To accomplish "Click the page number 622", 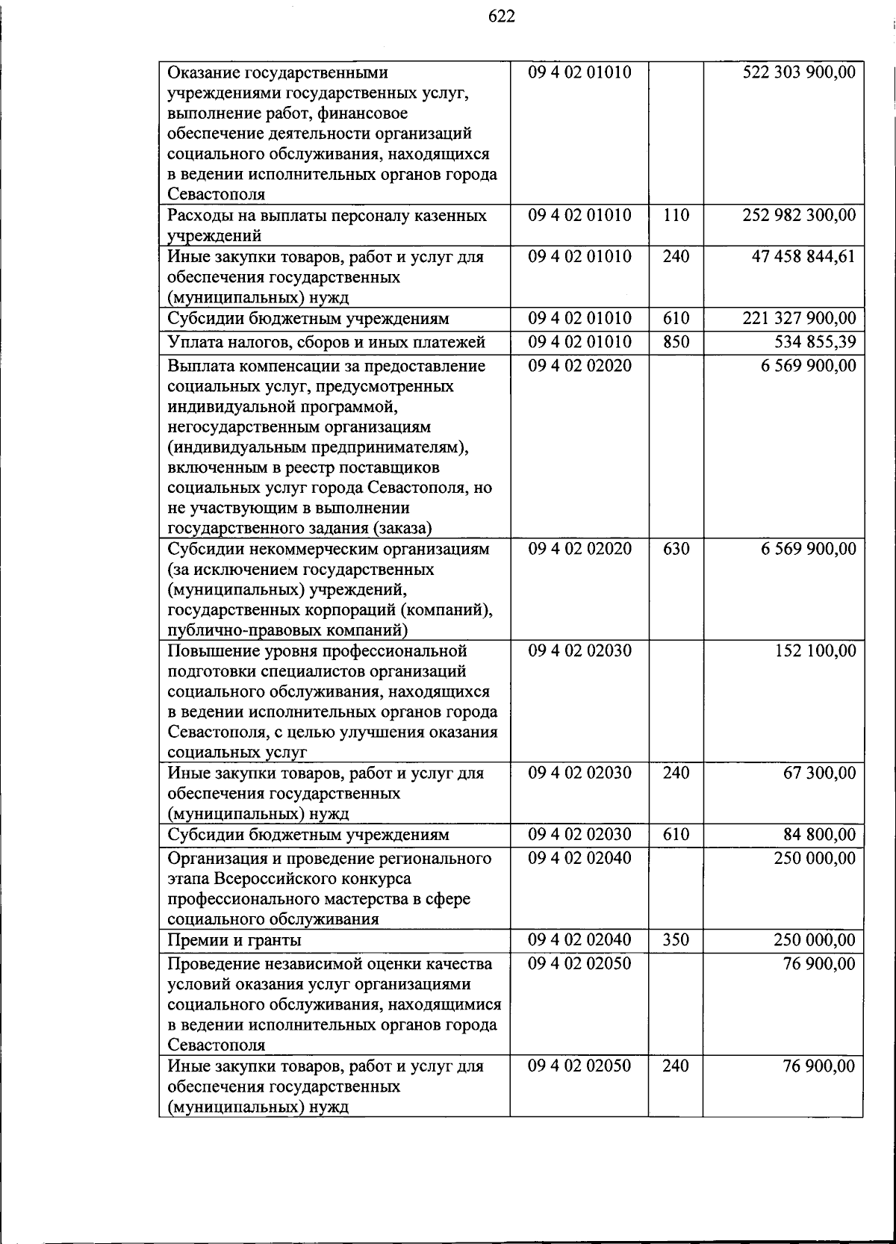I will (502, 16).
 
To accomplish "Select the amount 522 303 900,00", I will (799, 72).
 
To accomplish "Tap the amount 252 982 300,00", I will (799, 215).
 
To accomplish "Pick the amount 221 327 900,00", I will (799, 318).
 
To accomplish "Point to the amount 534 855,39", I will (814, 342).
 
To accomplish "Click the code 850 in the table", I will (676, 342).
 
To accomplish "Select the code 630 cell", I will (676, 549).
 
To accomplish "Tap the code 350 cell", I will (676, 939).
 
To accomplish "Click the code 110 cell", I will (676, 215).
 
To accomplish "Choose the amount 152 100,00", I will (815, 650).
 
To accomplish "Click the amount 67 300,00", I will (819, 773).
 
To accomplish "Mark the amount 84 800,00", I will (819, 834).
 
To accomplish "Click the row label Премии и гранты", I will (234, 940).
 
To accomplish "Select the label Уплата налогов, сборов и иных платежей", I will (326, 342).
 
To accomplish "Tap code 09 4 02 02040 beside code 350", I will (579, 939).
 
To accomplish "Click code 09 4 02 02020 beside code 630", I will (579, 549).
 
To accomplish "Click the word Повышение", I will (211, 650).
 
